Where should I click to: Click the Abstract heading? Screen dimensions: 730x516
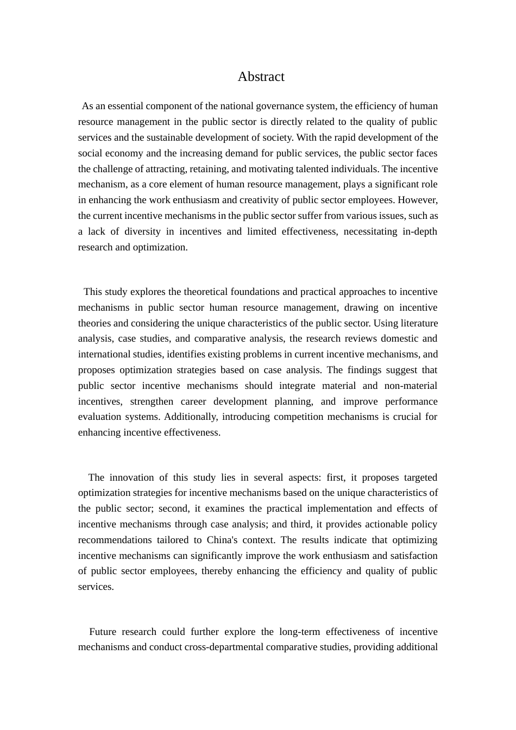tap(261, 77)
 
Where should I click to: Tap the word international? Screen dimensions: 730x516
tap(104, 354)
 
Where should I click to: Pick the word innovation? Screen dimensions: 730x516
tap(128, 477)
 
